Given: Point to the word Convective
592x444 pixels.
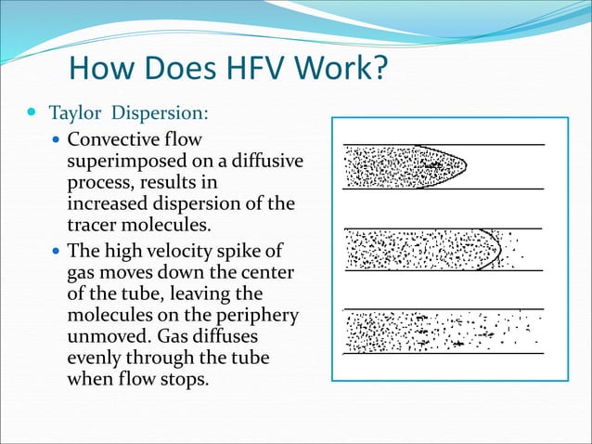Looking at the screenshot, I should [x=110, y=141].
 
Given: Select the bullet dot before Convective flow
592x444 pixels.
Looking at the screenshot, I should [x=57, y=141].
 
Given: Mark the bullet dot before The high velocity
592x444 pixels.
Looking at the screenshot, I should [x=57, y=252].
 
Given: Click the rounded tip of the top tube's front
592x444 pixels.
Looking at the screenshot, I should [x=463, y=166].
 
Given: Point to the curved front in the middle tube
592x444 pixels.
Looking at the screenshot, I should [x=498, y=248].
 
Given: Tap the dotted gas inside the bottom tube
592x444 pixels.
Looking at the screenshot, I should [x=390, y=331].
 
